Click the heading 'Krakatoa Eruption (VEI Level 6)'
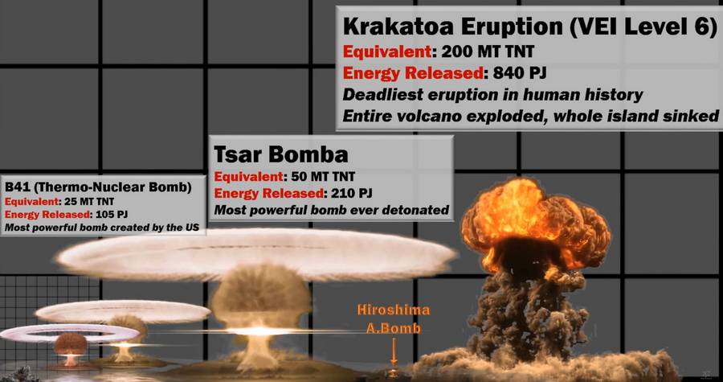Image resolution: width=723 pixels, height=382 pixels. (529, 27)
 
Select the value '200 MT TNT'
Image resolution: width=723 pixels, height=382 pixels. (488, 51)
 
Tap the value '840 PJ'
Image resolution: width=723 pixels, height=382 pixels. (519, 73)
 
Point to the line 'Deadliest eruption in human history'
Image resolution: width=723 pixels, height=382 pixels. (492, 95)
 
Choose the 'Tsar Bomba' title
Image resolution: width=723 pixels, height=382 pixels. (281, 154)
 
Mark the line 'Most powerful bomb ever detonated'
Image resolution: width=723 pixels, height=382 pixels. (332, 211)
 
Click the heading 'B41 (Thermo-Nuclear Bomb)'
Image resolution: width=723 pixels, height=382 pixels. (98, 187)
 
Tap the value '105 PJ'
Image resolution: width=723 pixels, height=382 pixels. (110, 215)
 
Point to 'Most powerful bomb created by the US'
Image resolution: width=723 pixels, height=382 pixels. (102, 228)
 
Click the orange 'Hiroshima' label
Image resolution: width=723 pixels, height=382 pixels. (394, 310)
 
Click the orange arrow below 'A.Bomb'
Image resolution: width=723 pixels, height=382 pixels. (394, 351)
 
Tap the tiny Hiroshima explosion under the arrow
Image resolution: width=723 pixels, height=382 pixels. (393, 372)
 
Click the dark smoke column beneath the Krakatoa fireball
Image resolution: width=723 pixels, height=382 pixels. (525, 314)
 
